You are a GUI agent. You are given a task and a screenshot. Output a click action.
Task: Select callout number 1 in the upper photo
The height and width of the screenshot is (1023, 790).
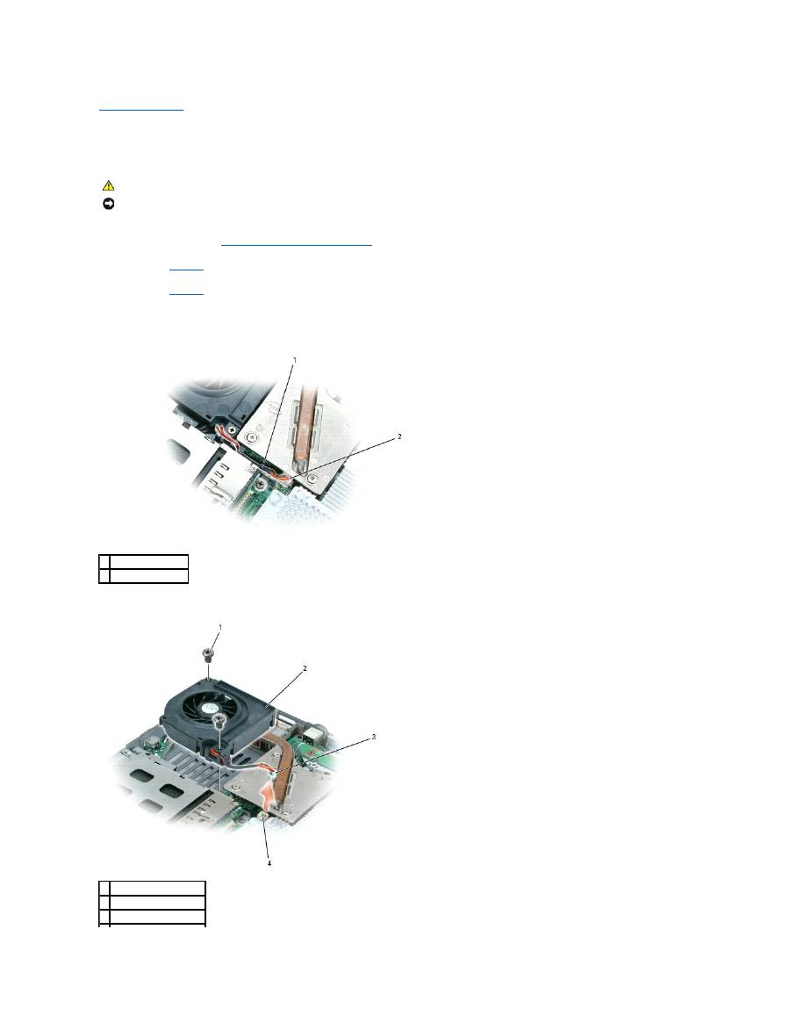coord(295,360)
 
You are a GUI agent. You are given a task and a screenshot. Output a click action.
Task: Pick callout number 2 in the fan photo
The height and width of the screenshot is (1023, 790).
coord(305,669)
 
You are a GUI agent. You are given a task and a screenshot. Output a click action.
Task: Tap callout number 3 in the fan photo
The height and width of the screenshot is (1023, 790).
coord(375,737)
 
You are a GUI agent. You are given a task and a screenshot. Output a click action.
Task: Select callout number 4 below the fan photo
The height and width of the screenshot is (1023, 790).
coord(269,863)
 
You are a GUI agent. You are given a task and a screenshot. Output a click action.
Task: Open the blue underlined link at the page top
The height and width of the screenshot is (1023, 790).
coord(141,110)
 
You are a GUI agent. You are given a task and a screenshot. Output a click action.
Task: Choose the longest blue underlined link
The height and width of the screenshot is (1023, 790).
coord(297,246)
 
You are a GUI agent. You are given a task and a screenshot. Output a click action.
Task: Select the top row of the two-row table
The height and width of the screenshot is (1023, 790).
coord(143,561)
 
